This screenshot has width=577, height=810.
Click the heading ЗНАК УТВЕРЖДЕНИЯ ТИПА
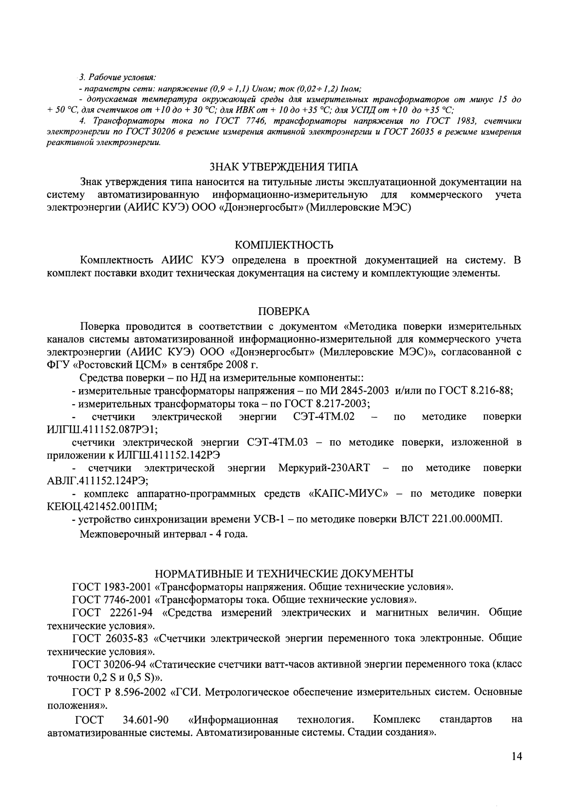[x=284, y=168]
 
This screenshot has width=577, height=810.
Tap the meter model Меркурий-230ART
[x=324, y=468]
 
